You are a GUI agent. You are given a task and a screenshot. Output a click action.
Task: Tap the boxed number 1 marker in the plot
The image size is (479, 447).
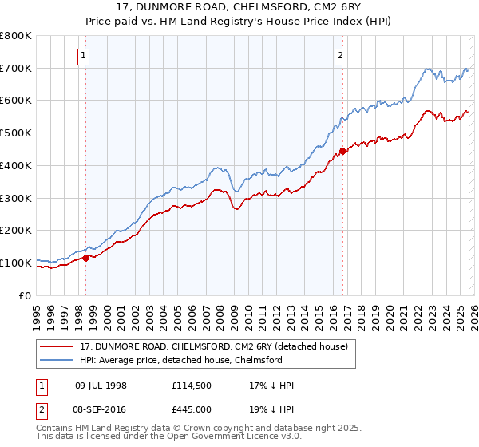point(85,55)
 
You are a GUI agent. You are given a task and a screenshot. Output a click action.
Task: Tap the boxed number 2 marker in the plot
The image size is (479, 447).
point(341,55)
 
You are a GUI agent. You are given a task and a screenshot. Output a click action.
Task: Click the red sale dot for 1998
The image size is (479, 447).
point(85,258)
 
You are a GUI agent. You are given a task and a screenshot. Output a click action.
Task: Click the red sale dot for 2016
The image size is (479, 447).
point(342,150)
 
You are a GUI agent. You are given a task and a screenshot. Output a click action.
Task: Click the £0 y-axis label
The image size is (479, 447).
point(26,295)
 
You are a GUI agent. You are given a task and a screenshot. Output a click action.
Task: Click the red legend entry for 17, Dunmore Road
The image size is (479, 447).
point(213,346)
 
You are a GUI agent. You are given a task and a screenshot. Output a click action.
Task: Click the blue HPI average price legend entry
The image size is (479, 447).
point(192,360)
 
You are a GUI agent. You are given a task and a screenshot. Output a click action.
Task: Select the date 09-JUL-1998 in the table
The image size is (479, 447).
point(101,386)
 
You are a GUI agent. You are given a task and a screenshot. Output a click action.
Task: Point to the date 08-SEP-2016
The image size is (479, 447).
point(101,409)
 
